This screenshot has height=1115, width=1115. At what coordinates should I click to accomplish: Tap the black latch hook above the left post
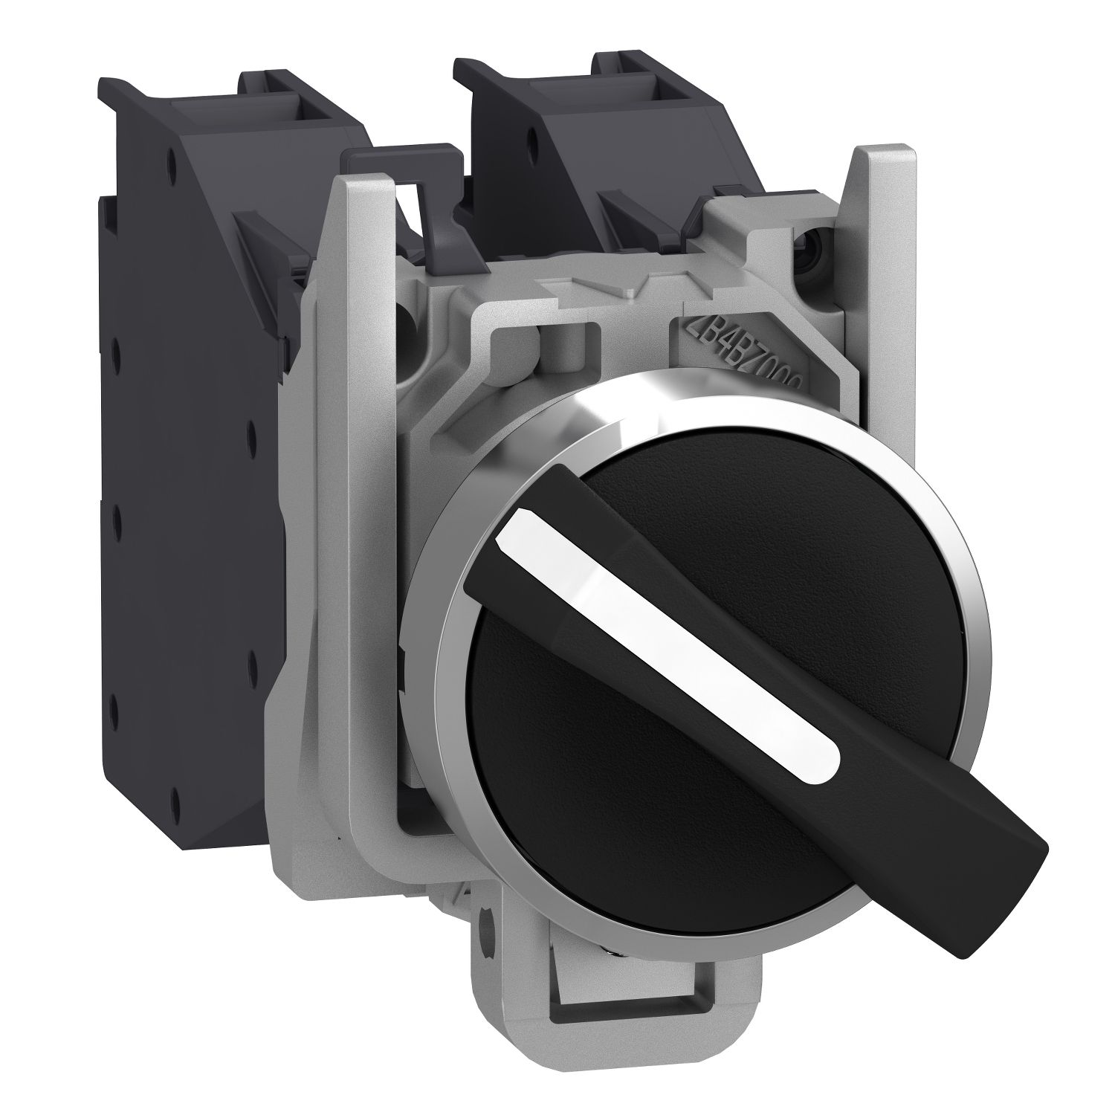tap(401, 160)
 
